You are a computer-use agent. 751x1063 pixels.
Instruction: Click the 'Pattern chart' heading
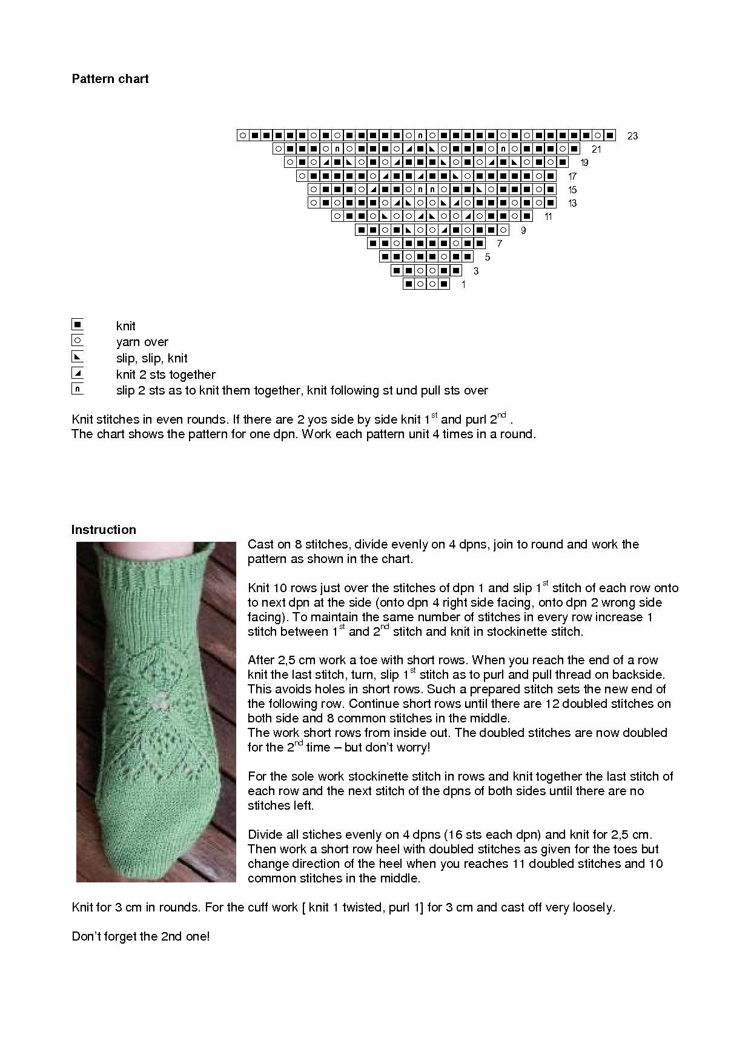coord(110,79)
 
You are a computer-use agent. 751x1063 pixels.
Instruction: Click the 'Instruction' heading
coord(104,530)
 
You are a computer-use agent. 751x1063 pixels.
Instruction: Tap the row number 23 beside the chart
coord(632,136)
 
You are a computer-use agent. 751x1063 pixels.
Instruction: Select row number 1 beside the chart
coord(463,284)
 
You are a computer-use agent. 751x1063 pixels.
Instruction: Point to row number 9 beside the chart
coord(523,230)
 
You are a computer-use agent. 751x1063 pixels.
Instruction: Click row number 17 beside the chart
coord(572,176)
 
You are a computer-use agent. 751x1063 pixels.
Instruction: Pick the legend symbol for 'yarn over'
coord(77,341)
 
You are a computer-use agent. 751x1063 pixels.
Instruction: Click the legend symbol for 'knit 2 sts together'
coord(77,373)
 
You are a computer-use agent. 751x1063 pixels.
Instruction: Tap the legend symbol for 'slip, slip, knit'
coord(77,356)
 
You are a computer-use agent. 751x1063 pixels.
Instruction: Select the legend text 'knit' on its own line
coord(126,326)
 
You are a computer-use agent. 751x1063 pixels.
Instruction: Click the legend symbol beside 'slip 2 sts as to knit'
coord(77,389)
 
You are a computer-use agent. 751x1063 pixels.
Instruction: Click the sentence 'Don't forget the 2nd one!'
coord(141,936)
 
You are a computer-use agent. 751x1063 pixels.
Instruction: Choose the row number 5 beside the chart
coord(488,257)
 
